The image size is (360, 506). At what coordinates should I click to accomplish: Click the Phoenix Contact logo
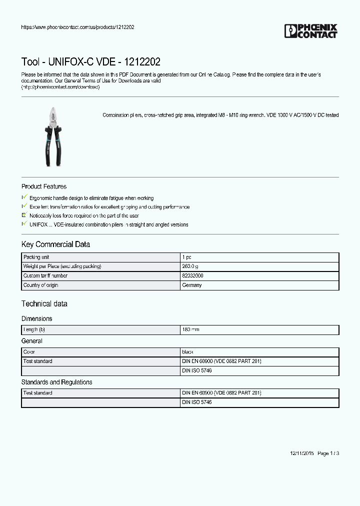point(310,31)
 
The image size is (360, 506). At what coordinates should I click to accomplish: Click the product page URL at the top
point(77,27)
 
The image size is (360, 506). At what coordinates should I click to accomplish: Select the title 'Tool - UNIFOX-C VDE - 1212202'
point(91,62)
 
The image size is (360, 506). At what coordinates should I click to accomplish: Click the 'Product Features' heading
point(44,186)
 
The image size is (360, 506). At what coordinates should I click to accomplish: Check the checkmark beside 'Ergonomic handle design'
point(24,198)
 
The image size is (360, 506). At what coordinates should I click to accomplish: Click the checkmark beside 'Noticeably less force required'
point(24,215)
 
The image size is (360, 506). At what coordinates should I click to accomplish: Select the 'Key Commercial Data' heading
point(55,244)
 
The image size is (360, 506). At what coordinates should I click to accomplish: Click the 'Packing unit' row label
point(36,257)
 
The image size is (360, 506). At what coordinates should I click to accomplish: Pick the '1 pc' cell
point(186,257)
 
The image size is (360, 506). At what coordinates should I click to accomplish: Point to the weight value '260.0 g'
point(190,266)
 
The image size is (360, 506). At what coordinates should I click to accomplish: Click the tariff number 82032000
point(192,276)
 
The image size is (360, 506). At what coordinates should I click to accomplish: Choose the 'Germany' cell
point(192,285)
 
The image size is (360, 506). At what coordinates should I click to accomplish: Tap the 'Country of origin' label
point(40,285)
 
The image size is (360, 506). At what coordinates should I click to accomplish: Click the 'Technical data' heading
point(44,304)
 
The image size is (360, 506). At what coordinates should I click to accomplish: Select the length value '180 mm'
point(190,330)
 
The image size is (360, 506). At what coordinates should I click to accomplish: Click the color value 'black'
point(188,352)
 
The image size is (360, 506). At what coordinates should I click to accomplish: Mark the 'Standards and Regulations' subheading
point(56,382)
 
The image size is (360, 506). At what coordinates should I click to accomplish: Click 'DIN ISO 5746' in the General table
point(196,371)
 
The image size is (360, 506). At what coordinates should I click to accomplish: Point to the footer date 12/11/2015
point(301,453)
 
